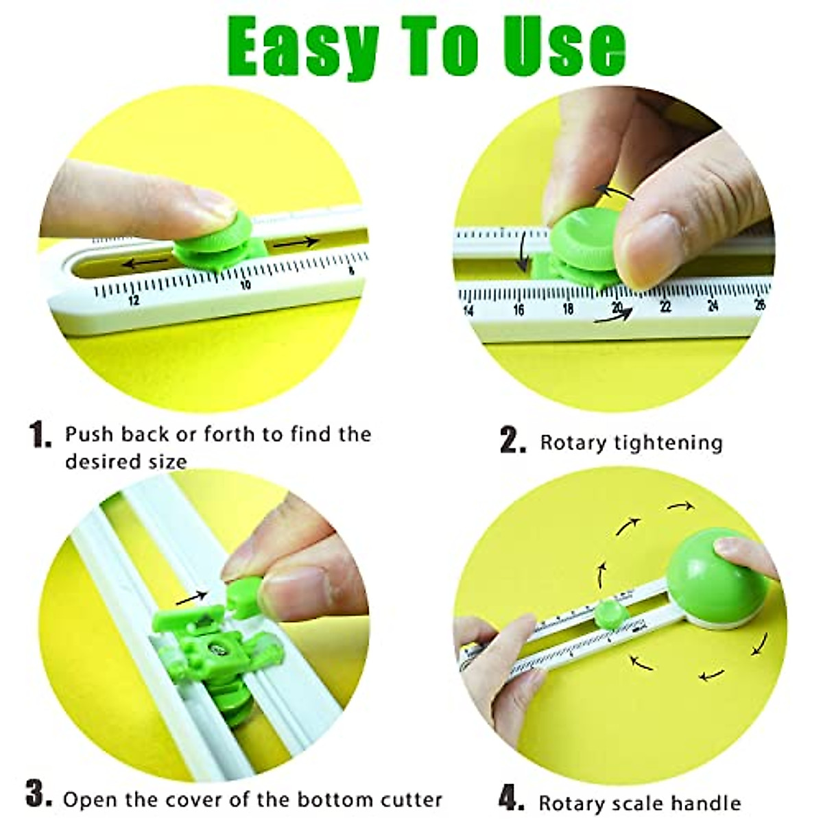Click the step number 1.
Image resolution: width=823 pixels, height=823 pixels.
point(40,435)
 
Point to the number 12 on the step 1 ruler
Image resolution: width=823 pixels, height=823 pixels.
point(133,300)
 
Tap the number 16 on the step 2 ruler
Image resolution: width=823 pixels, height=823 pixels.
point(518,310)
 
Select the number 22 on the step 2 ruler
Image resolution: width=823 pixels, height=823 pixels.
point(665,307)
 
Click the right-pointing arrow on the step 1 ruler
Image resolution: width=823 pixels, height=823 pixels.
point(296,242)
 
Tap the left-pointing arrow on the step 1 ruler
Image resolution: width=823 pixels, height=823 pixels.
point(145,263)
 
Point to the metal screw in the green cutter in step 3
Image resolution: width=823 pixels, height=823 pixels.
point(217,644)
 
